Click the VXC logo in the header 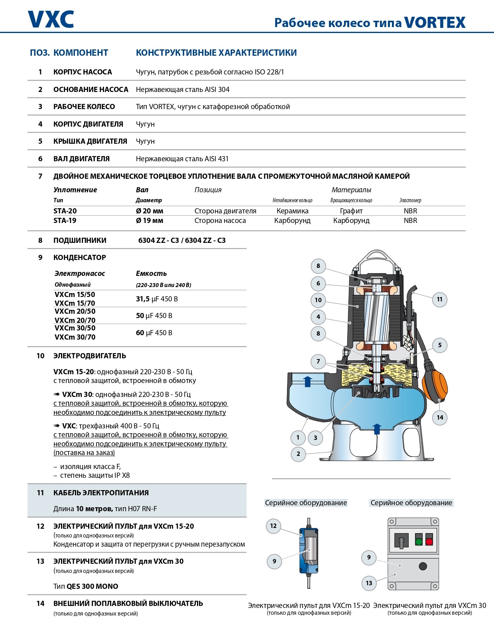click(51, 19)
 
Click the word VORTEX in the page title click(435, 23)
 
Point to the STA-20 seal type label click(65, 211)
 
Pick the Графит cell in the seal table click(351, 211)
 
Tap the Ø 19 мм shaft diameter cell click(150, 221)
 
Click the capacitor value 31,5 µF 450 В click(157, 299)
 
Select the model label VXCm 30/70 click(75, 337)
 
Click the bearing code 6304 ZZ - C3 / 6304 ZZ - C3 click(182, 240)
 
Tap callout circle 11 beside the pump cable click(439, 299)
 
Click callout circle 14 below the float click(440, 418)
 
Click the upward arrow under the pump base click(377, 429)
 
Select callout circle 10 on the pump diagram click(318, 300)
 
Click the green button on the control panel click(419, 542)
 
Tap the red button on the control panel click(429, 542)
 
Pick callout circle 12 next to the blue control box click(274, 526)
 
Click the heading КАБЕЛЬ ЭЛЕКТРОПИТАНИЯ click(101, 493)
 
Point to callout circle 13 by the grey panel click(369, 583)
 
